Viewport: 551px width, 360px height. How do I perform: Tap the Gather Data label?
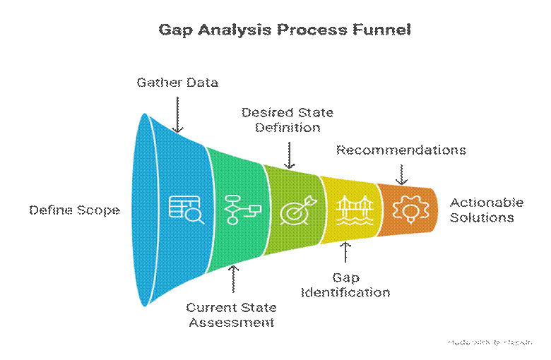click(177, 83)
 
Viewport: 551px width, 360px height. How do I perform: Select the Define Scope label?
click(74, 210)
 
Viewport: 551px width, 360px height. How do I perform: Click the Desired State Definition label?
click(288, 120)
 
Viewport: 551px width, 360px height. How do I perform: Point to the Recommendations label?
click(401, 150)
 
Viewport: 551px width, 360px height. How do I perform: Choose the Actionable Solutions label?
click(487, 210)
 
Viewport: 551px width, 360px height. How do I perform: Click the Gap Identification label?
click(346, 284)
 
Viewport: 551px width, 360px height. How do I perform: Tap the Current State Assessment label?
click(231, 316)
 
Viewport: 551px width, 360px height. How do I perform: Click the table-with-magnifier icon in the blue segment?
click(186, 209)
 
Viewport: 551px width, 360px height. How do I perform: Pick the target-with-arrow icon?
click(294, 210)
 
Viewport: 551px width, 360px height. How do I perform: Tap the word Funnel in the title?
click(381, 30)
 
